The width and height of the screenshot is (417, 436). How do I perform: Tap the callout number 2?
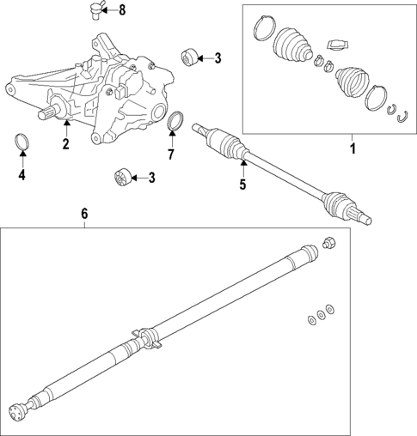coord(65,143)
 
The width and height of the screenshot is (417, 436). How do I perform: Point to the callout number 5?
coord(242,184)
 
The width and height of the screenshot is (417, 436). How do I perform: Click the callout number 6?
coord(84,215)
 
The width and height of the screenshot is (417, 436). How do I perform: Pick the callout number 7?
coord(170,154)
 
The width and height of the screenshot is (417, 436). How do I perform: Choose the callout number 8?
coord(121,10)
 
